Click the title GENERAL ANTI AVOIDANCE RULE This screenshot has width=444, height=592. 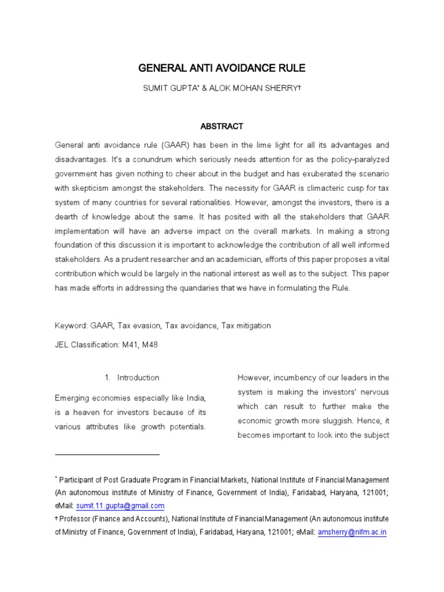point(221,69)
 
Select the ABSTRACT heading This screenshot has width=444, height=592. point(221,126)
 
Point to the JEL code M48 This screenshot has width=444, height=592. point(149,345)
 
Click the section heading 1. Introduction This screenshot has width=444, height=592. point(132,378)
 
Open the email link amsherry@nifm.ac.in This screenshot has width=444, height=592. point(351,532)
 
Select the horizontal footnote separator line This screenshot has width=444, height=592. point(107,455)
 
